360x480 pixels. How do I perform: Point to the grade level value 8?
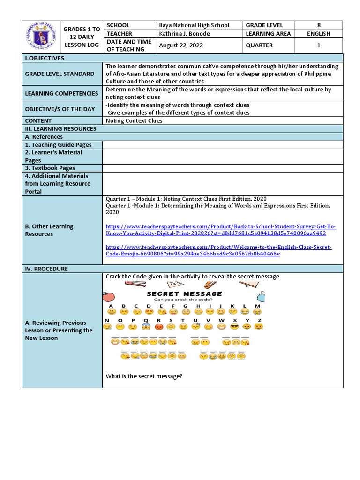pyautogui.click(x=318, y=25)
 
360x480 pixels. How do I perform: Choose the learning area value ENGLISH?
pyautogui.click(x=318, y=34)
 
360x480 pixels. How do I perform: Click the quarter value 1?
pyautogui.click(x=318, y=45)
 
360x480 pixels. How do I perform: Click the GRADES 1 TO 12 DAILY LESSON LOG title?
pyautogui.click(x=82, y=37)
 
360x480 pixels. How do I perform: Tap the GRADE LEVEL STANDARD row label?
pyautogui.click(x=60, y=74)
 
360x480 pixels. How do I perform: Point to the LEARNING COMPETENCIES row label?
pyautogui.click(x=61, y=93)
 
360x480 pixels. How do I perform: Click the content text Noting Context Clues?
pyautogui.click(x=134, y=120)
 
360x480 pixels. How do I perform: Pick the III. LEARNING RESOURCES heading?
pyautogui.click(x=60, y=128)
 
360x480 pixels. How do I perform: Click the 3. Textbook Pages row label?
pyautogui.click(x=50, y=168)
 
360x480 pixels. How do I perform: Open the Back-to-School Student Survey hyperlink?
pyautogui.click(x=220, y=230)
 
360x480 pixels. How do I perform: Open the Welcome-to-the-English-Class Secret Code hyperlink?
pyautogui.click(x=218, y=250)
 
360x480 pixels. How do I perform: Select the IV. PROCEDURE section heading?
pyautogui.click(x=46, y=269)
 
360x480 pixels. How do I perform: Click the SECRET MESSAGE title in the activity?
pyautogui.click(x=184, y=294)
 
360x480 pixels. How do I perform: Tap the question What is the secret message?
pyautogui.click(x=144, y=376)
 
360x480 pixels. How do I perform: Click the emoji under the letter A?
pyautogui.click(x=111, y=312)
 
